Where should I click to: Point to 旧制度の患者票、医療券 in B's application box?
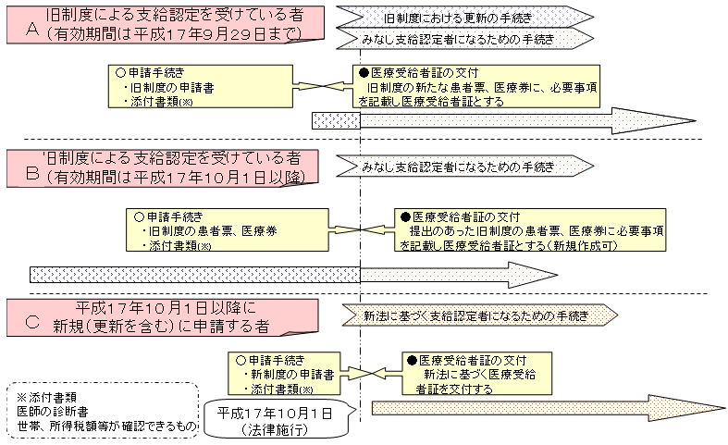click(204, 230)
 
